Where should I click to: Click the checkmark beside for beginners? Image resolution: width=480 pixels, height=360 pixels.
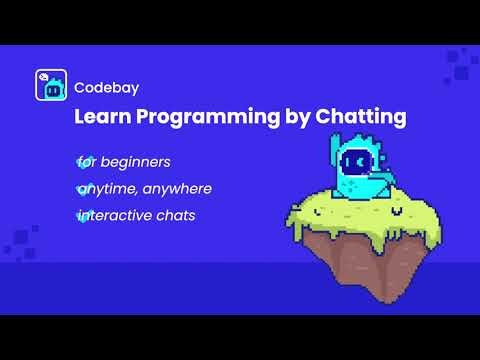pos(81,160)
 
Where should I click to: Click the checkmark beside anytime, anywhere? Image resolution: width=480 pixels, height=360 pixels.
pos(81,188)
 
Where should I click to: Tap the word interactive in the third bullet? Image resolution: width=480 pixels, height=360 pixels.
pos(116,215)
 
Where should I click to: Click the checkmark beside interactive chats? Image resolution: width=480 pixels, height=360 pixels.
pos(81,215)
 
